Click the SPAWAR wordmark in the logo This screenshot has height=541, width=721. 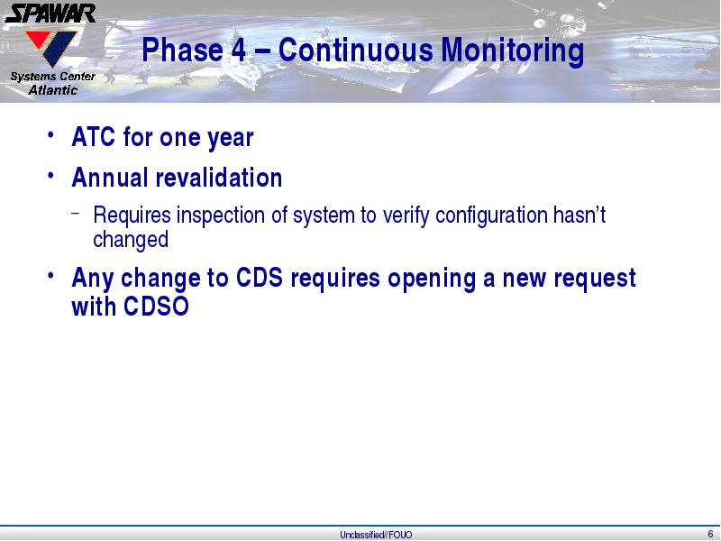(50, 14)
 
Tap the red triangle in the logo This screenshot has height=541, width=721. (37, 39)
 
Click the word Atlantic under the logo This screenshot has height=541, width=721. (53, 89)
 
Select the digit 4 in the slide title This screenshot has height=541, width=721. (239, 50)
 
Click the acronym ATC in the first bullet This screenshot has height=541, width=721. (94, 137)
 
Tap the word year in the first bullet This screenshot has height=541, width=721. (231, 139)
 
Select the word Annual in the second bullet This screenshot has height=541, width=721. (110, 178)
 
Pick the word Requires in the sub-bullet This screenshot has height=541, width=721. (132, 215)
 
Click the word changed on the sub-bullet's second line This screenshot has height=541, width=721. (131, 240)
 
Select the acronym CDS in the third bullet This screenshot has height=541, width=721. (260, 278)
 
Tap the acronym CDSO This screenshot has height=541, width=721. (156, 306)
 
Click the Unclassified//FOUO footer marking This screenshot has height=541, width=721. (376, 535)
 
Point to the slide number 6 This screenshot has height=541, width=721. (711, 534)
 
